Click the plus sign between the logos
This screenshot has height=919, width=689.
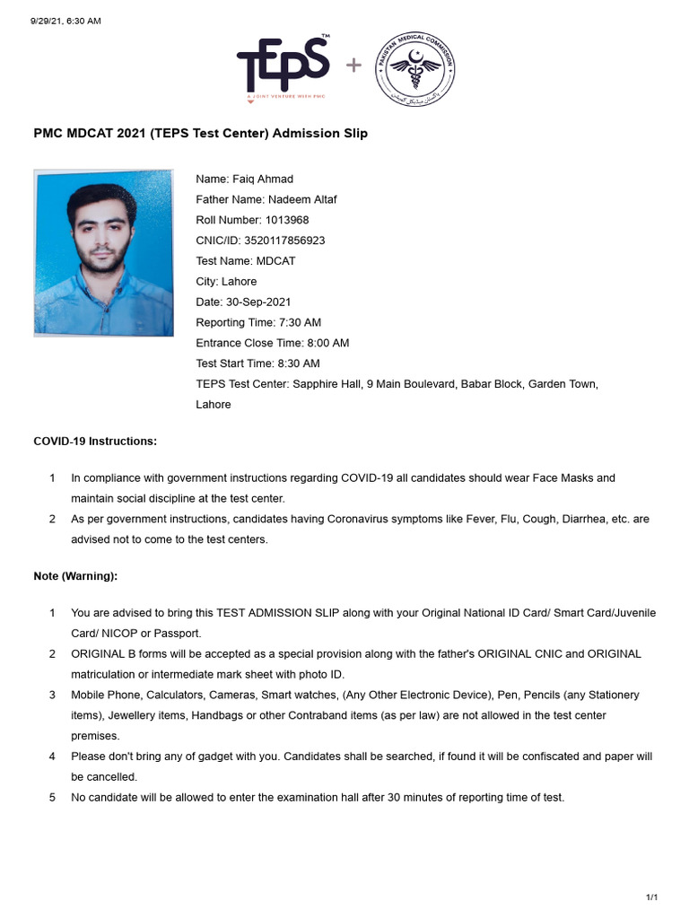click(354, 66)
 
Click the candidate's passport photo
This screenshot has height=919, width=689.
click(104, 253)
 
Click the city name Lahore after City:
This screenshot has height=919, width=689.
click(239, 282)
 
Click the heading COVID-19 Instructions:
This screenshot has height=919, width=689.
click(95, 442)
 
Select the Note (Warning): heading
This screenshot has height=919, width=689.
click(75, 575)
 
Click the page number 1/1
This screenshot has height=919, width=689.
click(652, 897)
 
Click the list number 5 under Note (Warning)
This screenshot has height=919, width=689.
click(52, 797)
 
